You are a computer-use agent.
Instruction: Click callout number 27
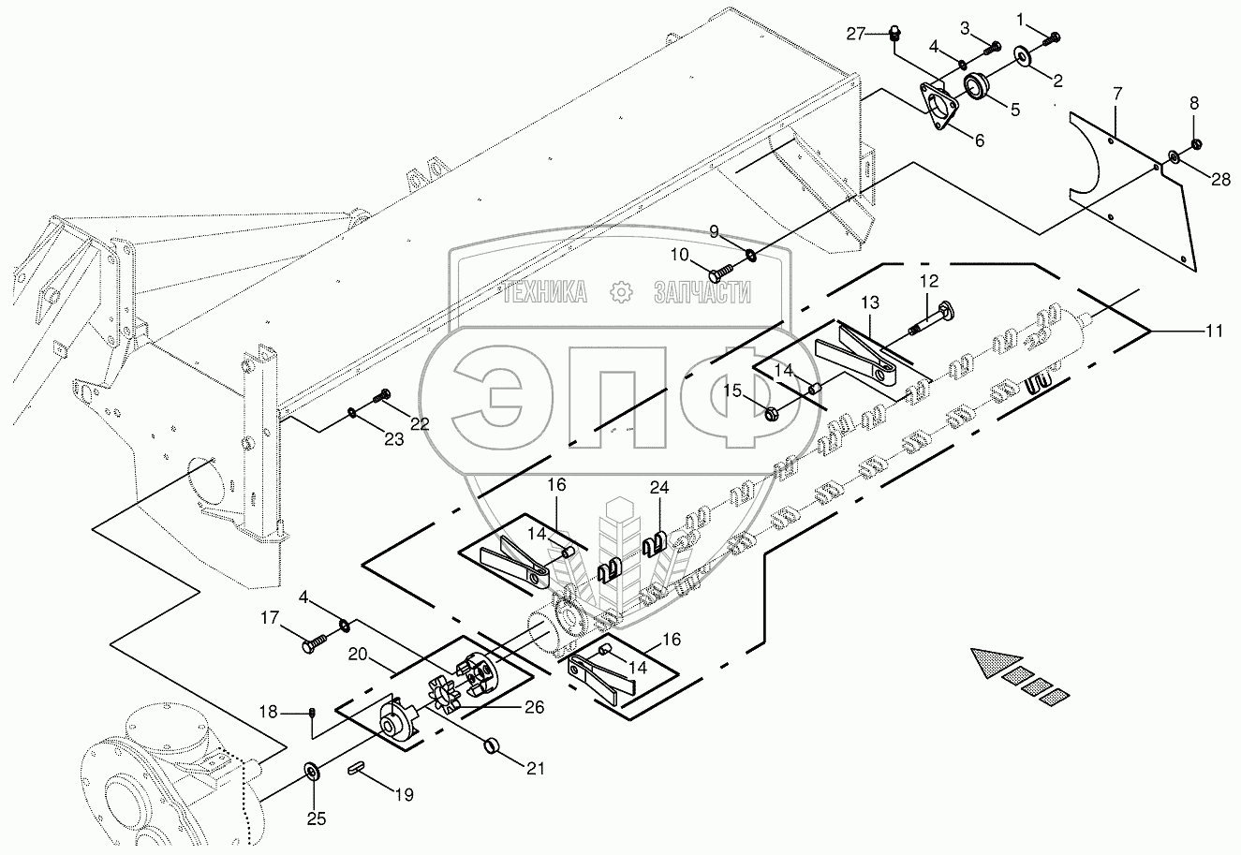pos(855,35)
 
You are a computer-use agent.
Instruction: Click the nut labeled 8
pos(1194,144)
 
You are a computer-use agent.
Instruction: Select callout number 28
pos(1220,179)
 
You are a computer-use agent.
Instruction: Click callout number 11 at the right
pos(1214,332)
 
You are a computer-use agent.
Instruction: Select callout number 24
pos(658,488)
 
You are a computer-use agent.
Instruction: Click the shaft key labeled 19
pos(356,770)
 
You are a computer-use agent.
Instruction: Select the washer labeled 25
pos(314,771)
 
